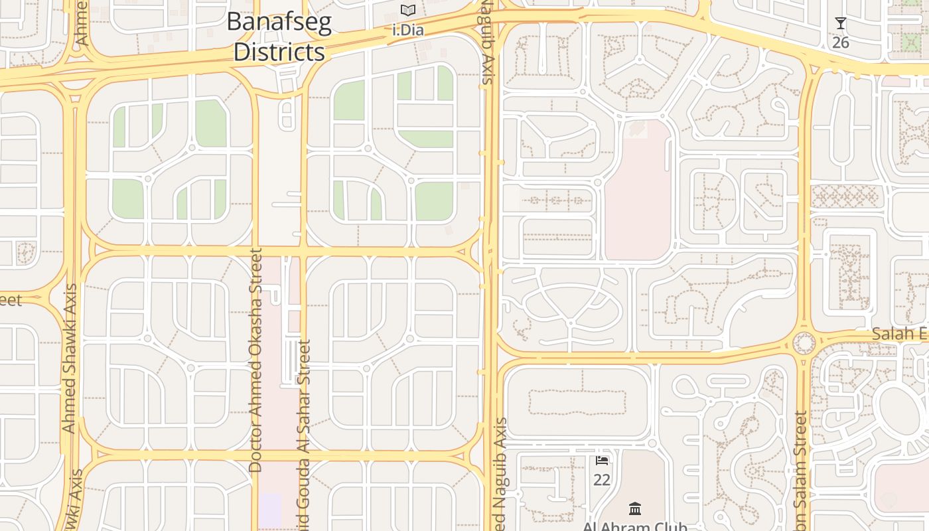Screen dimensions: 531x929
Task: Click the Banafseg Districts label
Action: [x=279, y=37]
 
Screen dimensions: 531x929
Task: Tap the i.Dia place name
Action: [x=408, y=30]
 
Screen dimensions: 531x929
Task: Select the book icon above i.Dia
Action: [x=408, y=11]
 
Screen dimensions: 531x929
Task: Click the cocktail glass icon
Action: [x=841, y=24]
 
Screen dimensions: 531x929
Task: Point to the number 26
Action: [x=841, y=42]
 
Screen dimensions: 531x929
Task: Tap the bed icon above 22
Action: [x=602, y=460]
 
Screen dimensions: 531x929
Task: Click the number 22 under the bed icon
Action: [x=602, y=479]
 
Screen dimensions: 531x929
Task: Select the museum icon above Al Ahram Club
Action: [x=635, y=508]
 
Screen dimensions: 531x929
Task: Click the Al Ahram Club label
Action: [x=635, y=526]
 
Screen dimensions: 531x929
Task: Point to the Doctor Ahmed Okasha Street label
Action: [x=255, y=360]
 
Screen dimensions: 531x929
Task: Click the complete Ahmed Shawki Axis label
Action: [x=69, y=358]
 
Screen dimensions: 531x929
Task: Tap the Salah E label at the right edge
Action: [x=900, y=334]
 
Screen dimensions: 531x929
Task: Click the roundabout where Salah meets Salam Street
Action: [x=804, y=344]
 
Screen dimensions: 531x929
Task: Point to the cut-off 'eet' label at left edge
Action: [x=11, y=300]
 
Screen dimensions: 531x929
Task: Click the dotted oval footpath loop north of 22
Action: [x=577, y=402]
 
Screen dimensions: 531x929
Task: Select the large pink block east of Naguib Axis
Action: [x=638, y=192]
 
